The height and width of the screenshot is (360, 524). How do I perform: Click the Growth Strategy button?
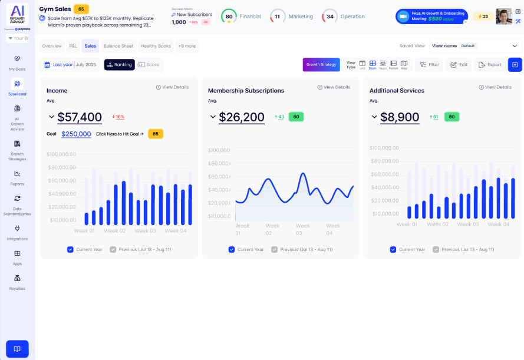click(x=321, y=64)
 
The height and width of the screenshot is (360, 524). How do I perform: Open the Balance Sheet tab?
click(x=118, y=46)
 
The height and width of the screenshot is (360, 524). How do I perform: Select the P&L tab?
click(x=73, y=46)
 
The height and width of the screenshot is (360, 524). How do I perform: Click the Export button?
click(x=489, y=65)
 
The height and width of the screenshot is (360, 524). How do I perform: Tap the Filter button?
click(x=429, y=65)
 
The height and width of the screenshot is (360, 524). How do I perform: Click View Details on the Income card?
click(x=172, y=87)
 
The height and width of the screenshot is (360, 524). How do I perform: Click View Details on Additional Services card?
click(x=495, y=87)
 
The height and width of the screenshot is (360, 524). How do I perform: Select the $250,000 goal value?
click(x=76, y=134)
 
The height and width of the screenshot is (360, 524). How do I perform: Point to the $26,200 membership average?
click(x=242, y=117)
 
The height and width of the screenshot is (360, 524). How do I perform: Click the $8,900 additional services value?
click(x=400, y=117)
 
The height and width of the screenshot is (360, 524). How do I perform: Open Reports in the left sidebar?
click(x=17, y=177)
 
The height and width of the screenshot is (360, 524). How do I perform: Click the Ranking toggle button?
click(x=119, y=65)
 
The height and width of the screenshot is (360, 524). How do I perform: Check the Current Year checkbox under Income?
click(x=70, y=249)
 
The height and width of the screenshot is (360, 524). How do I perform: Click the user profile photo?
click(x=504, y=16)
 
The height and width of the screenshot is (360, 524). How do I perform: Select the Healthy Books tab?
click(x=156, y=46)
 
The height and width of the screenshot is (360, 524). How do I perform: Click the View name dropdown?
click(x=475, y=46)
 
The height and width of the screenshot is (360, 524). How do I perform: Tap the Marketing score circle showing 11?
click(x=277, y=16)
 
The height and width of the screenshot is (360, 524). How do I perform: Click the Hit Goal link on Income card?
click(x=120, y=134)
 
